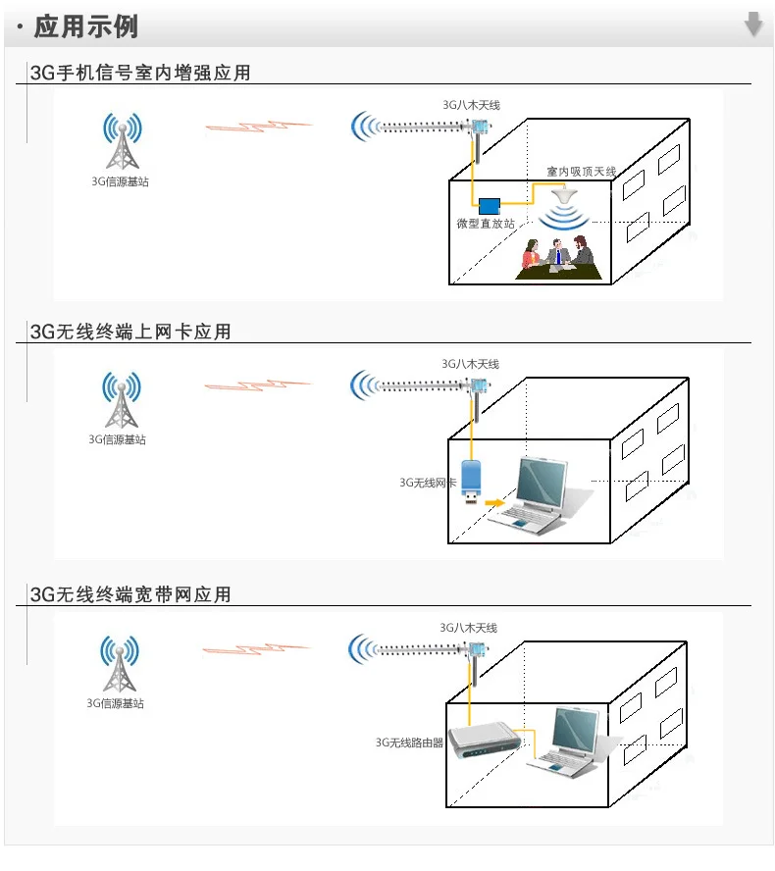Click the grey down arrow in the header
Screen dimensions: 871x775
[x=752, y=24]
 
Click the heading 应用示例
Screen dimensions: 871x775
[x=85, y=26]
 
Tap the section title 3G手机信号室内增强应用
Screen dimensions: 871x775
[x=140, y=73]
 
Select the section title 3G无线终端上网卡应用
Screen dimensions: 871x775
[x=130, y=332]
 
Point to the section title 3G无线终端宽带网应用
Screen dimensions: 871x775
[x=130, y=594]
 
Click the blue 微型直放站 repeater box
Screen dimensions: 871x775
[x=489, y=206]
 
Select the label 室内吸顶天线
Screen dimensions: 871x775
[x=582, y=172]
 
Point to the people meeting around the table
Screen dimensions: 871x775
[x=557, y=257]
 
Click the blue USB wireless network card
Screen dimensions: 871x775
[x=471, y=481]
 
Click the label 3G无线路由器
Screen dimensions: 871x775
[x=409, y=743]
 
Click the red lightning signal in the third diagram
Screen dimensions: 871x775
[x=257, y=648]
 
